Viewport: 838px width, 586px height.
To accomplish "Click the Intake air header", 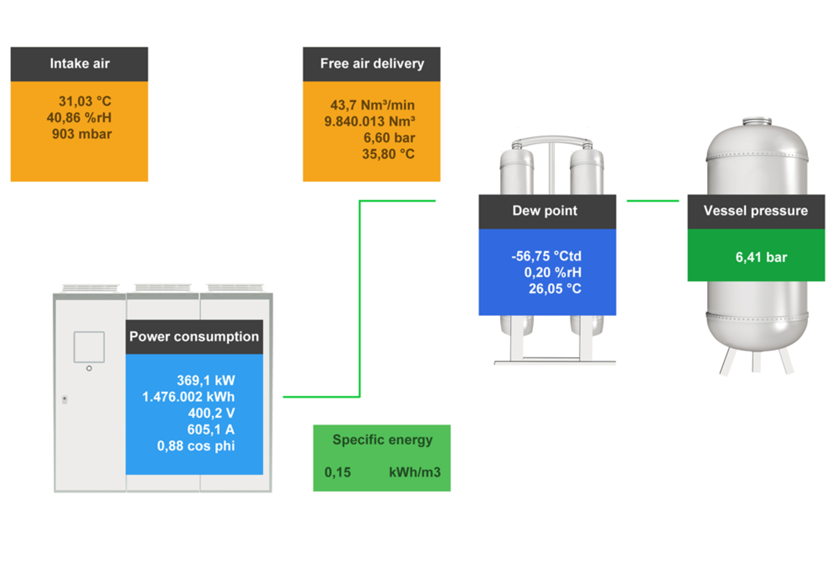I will [x=79, y=64].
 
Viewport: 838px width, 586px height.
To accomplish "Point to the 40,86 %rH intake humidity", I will [x=79, y=117].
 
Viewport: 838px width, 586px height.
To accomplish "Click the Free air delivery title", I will [x=372, y=64].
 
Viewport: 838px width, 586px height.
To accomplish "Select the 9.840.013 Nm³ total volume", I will [x=369, y=122].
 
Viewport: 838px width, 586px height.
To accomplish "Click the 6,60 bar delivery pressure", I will [x=389, y=138].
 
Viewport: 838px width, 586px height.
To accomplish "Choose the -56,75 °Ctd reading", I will [x=546, y=256].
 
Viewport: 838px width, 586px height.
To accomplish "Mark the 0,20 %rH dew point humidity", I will [x=553, y=272].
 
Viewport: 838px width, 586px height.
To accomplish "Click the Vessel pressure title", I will [x=756, y=211].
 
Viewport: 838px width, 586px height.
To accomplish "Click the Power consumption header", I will [x=194, y=337].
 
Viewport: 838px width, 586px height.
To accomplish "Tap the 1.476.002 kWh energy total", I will [x=188, y=397].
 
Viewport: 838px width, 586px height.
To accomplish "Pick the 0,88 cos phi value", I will [x=196, y=446].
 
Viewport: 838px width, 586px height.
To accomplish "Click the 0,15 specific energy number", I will [x=338, y=472].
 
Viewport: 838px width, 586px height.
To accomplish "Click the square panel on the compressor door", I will [x=89, y=347].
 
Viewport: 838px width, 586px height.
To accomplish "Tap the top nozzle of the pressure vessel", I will [x=757, y=121].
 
